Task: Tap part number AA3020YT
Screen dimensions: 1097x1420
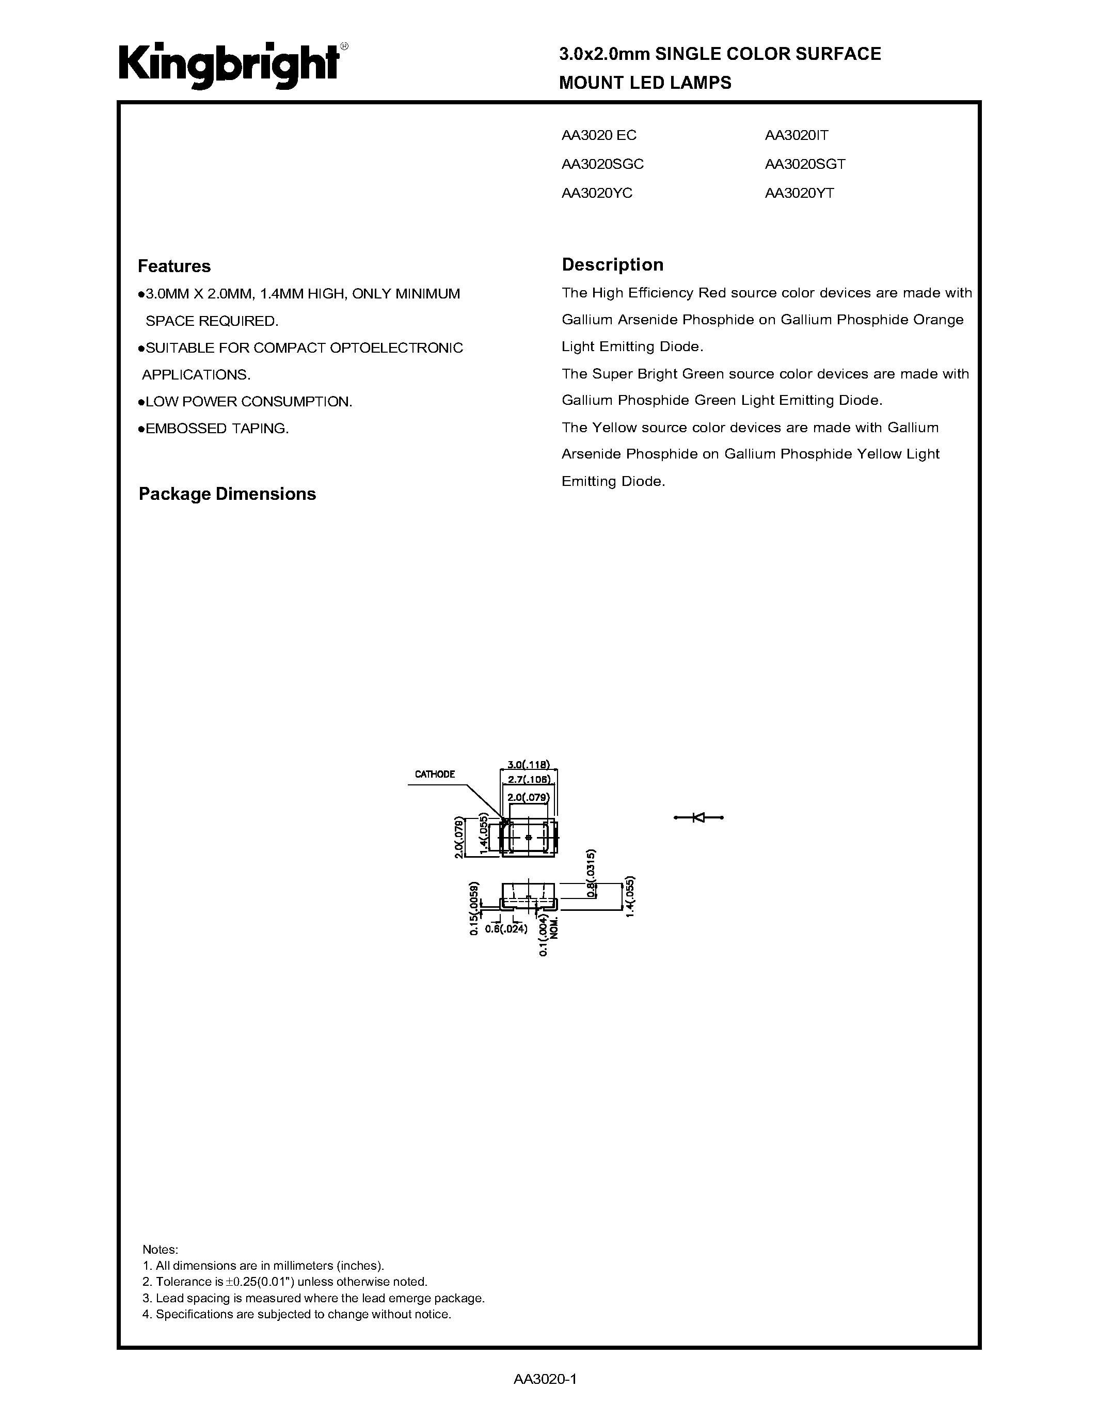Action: click(x=799, y=193)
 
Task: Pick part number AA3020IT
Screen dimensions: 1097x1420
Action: click(x=796, y=135)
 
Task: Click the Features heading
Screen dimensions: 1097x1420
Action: click(x=174, y=266)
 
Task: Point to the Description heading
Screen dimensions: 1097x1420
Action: click(x=612, y=264)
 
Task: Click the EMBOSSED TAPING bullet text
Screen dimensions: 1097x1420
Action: click(x=216, y=429)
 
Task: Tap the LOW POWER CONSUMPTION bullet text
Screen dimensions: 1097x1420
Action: click(x=248, y=402)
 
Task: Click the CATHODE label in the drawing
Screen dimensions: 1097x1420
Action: click(x=435, y=775)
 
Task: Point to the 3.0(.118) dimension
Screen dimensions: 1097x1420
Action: click(x=528, y=765)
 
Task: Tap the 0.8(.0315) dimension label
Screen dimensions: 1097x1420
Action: click(x=591, y=873)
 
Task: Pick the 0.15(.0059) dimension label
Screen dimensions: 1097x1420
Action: click(x=474, y=908)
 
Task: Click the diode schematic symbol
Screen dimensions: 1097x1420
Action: click(x=698, y=817)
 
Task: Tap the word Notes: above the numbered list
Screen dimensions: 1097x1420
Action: click(x=160, y=1250)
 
